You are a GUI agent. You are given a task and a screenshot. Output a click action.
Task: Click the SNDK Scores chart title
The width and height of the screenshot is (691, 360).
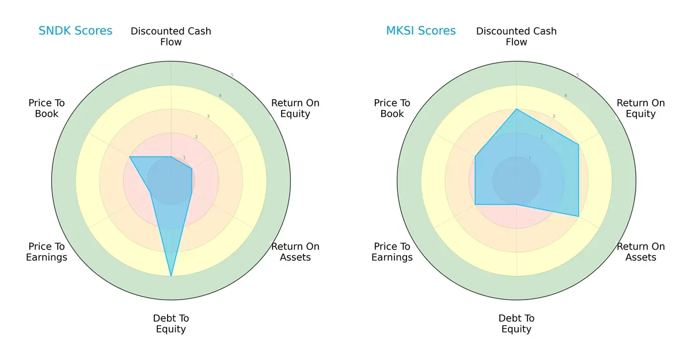75,31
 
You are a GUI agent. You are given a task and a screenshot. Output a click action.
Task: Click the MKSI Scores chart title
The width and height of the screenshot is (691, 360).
421,31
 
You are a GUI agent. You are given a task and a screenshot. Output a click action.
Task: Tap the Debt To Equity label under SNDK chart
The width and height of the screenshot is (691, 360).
171,324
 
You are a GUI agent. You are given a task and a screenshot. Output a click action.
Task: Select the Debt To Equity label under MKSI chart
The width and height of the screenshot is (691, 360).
517,324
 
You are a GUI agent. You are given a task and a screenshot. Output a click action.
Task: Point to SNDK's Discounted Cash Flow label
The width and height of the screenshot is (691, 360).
171,36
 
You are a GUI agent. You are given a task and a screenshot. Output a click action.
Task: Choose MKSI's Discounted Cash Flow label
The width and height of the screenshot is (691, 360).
517,36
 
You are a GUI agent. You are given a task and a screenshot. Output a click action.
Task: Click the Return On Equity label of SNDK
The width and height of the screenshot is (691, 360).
295,108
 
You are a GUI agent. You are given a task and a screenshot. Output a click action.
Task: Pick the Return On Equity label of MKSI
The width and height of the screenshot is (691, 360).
641,108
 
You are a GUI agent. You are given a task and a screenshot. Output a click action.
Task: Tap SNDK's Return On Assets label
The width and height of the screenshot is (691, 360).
295,252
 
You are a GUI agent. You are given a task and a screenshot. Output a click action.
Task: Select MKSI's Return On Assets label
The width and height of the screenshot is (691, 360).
641,252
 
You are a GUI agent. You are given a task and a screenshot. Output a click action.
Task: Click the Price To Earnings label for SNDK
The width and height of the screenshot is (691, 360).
47,252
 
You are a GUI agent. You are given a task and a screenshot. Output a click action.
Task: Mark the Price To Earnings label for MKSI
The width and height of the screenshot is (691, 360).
392,252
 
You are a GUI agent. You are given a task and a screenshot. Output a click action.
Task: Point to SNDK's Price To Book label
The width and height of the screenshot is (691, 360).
47,108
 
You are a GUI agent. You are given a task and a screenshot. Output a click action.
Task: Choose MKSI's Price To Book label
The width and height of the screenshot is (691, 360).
392,108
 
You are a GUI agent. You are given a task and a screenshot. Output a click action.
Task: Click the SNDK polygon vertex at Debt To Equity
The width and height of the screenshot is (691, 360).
171,276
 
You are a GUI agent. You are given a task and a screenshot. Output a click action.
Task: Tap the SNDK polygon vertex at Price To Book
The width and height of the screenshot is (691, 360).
130,157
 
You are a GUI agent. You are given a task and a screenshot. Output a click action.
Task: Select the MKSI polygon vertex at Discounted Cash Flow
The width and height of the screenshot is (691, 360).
517,109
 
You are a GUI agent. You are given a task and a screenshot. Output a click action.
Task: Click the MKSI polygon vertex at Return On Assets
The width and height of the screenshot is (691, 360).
578,216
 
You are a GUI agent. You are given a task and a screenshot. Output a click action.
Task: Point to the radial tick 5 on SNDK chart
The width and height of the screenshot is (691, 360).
231,75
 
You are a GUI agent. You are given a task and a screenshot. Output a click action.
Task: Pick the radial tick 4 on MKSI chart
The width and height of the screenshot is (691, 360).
565,96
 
